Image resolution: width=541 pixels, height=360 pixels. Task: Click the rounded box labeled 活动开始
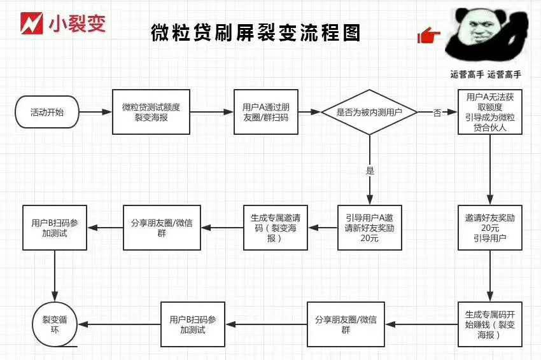pos(46,113)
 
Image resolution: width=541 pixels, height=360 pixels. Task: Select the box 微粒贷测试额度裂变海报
pos(151,113)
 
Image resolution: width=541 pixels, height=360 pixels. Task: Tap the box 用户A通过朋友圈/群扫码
pos(265,113)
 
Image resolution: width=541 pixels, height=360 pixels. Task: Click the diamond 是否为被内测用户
pos(369,113)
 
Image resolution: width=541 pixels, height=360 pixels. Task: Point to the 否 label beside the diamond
pos(437,113)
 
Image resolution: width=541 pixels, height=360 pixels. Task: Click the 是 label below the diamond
pos(370,170)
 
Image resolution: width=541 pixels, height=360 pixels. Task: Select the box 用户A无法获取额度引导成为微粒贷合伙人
pos(489,112)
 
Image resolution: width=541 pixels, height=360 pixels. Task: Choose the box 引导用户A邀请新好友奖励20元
pos(369,227)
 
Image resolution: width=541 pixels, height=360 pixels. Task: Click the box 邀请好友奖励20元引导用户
pos(489,227)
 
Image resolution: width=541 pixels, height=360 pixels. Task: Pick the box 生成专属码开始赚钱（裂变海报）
pos(489,324)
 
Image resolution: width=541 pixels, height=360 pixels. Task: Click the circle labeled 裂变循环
pos(55,324)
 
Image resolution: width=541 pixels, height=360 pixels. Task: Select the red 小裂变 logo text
pos(76,24)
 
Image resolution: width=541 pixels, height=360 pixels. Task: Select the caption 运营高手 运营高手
pos(486,74)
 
